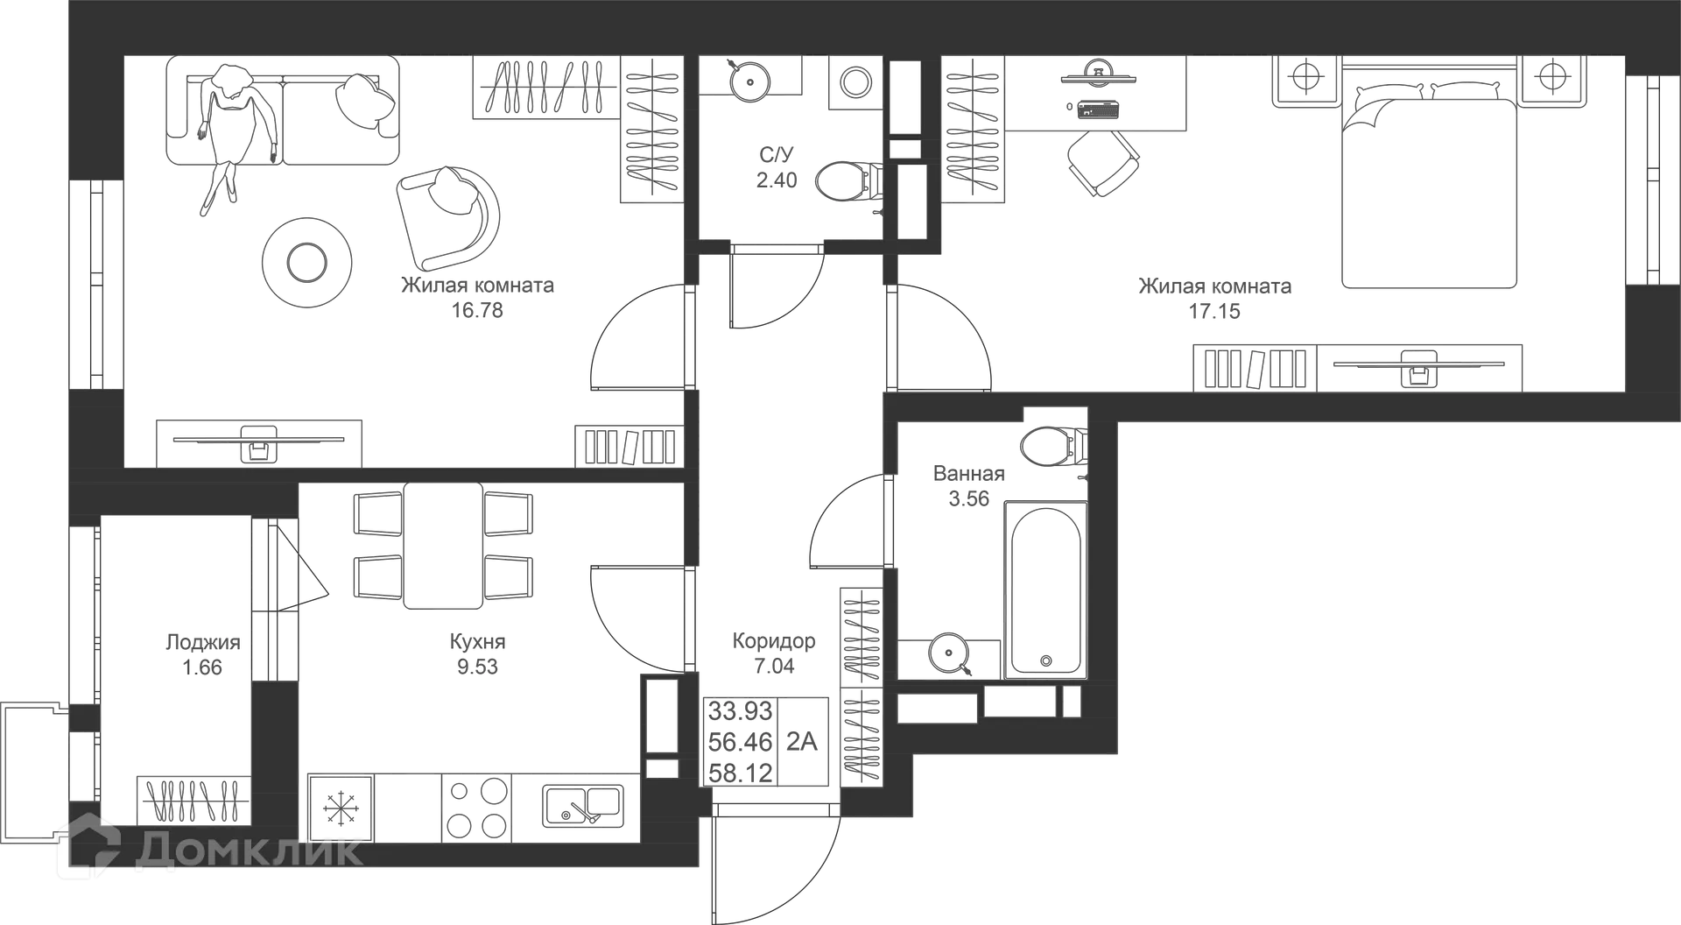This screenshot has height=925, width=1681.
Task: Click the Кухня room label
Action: point(477,641)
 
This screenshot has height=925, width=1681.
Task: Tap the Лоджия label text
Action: point(202,642)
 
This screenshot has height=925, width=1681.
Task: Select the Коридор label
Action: point(774,642)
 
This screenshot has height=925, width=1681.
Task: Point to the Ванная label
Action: point(968,474)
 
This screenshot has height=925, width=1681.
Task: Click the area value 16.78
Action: point(477,310)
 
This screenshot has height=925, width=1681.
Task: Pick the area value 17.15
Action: point(1216,311)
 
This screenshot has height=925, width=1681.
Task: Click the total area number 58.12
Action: point(741,773)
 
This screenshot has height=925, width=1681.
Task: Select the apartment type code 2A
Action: point(801,742)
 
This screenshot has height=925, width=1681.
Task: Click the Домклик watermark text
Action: point(250,849)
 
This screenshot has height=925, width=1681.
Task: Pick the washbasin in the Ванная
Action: point(1050,447)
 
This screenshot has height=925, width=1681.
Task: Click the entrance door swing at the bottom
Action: point(775,863)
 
